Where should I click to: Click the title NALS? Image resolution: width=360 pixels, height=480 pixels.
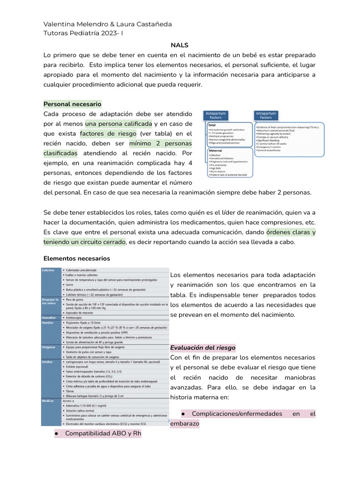pyautogui.click(x=180, y=45)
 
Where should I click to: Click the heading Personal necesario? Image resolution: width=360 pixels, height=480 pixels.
pyautogui.click(x=72, y=104)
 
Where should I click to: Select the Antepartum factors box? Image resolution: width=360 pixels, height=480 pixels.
pyautogui.click(x=216, y=115)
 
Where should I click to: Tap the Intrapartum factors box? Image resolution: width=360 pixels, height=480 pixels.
pyautogui.click(x=266, y=115)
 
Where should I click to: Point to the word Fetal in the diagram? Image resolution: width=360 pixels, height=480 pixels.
pyautogui.click(x=212, y=125)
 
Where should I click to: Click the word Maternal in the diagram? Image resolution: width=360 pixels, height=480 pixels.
pyautogui.click(x=215, y=150)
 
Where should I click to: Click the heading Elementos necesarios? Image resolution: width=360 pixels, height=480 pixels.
pyautogui.click(x=76, y=258)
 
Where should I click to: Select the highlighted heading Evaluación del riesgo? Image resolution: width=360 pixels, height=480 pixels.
pyautogui.click(x=202, y=347)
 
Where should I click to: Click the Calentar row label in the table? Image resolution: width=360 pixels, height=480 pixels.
pyautogui.click(x=48, y=270)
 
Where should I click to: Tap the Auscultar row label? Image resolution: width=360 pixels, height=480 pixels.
pyautogui.click(x=50, y=317)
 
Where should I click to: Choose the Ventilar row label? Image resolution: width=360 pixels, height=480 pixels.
pyautogui.click(x=48, y=323)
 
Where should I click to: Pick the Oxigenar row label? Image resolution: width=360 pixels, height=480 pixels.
pyautogui.click(x=49, y=347)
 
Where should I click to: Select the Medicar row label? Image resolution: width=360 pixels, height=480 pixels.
pyautogui.click(x=48, y=401)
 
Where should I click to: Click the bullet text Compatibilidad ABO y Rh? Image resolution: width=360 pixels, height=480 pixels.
pyautogui.click(x=103, y=433)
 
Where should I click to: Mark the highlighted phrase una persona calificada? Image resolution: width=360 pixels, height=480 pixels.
pyautogui.click(x=119, y=124)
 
